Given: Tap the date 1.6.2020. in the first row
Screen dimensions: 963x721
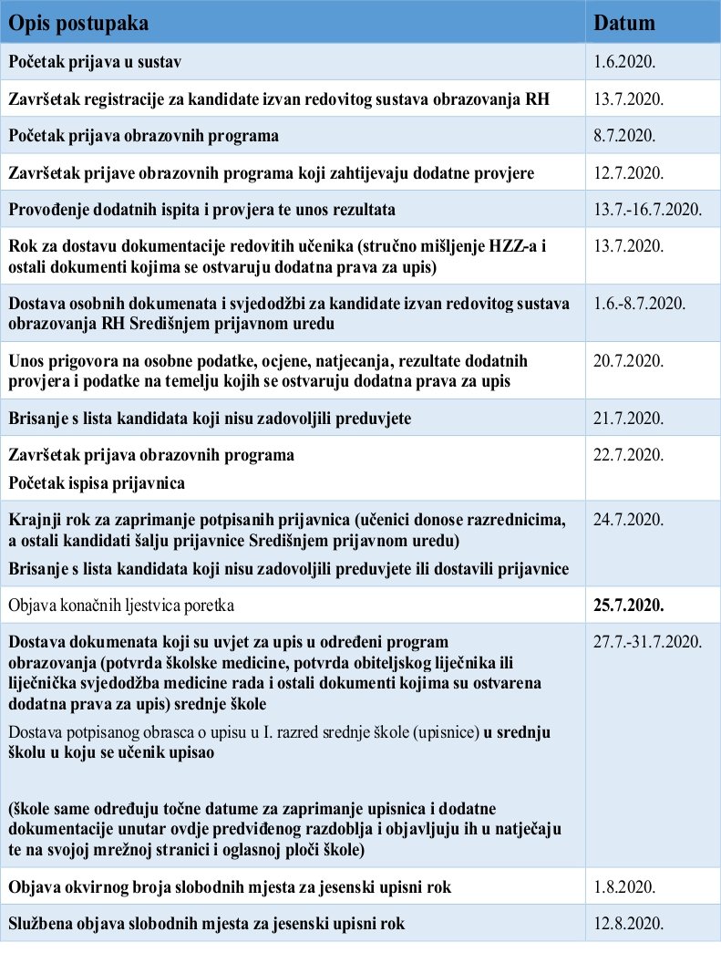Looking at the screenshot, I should click(x=623, y=61).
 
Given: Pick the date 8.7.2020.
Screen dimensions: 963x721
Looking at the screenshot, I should click(x=623, y=135).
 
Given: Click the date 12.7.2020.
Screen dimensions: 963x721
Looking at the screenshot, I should click(x=628, y=172).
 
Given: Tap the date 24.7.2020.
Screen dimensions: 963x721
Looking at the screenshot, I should click(x=628, y=520).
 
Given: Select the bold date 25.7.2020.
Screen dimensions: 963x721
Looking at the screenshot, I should click(x=629, y=604).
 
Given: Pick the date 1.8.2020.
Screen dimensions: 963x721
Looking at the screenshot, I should click(x=623, y=885).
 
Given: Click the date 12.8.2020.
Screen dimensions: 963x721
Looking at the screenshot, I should click(x=628, y=923).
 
